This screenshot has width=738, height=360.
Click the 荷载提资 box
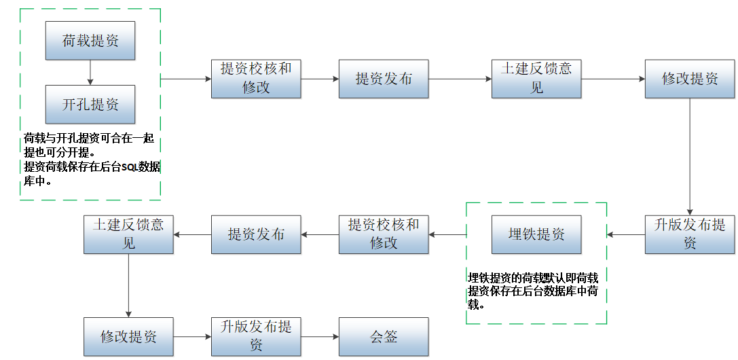90,41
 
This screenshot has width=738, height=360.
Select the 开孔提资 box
90,105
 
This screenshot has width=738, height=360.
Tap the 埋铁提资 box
536,235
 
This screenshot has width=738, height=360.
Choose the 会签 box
384,336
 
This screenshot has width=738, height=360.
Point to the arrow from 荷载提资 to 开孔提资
90,72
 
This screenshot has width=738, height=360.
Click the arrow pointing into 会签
320,336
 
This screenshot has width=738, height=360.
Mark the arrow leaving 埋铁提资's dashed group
447,235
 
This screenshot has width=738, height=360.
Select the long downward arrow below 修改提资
690,156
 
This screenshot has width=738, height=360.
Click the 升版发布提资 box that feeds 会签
256,336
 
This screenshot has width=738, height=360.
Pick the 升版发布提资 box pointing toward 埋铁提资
690,235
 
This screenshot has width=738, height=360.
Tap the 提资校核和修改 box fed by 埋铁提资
384,235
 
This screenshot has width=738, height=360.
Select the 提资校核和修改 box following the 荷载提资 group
256,79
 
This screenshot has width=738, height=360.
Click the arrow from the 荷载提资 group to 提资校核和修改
186,79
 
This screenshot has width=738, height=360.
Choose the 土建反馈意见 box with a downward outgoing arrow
128,235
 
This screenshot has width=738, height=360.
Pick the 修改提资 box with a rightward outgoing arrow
128,336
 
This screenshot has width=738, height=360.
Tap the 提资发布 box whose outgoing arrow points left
256,235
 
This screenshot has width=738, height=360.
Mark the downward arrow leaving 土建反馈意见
128,285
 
